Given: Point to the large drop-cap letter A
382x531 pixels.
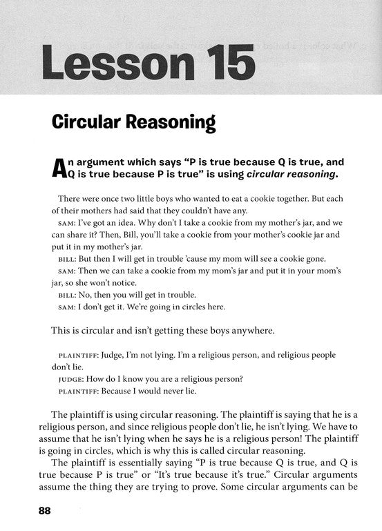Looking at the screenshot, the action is (x=61, y=168).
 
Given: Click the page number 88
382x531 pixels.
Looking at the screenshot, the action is (x=40, y=512).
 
